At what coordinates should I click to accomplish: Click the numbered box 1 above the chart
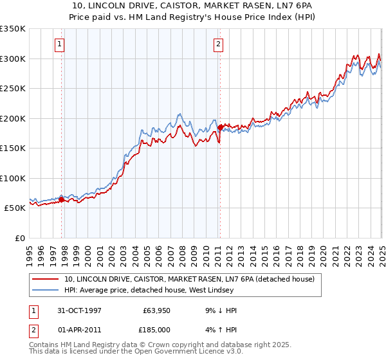click(59, 44)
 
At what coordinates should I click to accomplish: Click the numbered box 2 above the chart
click(219, 44)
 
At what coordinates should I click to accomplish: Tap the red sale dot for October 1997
click(62, 199)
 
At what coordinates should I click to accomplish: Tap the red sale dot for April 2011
click(219, 127)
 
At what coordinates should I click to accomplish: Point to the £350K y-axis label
click(13, 29)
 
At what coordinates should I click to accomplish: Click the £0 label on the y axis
click(20, 238)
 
